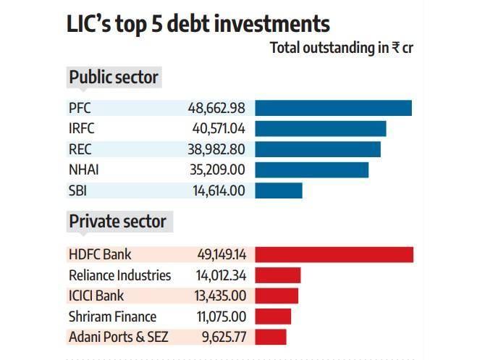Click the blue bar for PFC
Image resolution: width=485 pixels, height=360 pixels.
pos(333,108)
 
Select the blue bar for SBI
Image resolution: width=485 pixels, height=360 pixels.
pos(278,191)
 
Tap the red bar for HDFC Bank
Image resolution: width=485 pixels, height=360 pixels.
pos(334,254)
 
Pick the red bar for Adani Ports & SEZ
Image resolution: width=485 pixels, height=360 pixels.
pos(270,337)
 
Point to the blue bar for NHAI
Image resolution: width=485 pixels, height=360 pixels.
pos(311,170)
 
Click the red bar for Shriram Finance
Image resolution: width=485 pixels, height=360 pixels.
pos(272,317)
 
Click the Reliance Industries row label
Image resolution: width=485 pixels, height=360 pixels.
pos(119,275)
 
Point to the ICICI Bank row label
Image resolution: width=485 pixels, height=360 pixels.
pos(96,296)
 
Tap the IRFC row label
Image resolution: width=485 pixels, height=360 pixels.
pos(82,129)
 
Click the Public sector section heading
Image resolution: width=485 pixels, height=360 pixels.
pos(113,77)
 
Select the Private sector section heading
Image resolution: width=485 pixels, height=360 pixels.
pos(117,222)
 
